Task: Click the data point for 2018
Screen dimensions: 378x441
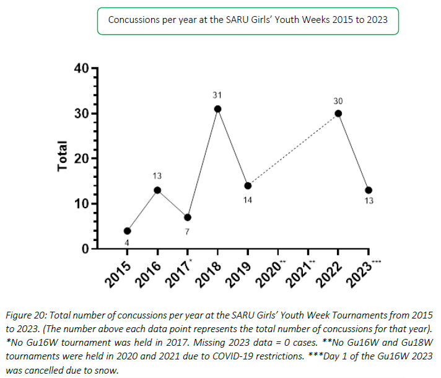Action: pos(218,109)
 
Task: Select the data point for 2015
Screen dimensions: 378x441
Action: pos(128,231)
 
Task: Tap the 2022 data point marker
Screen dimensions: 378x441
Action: pos(338,113)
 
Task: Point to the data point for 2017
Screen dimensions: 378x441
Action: pos(188,218)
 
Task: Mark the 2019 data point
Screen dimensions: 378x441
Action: pos(248,186)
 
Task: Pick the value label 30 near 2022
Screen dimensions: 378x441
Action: pos(338,100)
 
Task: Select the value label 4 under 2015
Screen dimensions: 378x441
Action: pos(126,244)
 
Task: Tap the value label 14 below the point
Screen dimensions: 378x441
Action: pos(247,201)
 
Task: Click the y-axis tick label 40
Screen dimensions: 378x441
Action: pos(81,68)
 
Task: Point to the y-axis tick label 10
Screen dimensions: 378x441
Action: pos(81,204)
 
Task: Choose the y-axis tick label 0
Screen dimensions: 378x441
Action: pos(85,249)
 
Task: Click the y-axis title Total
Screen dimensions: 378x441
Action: pos(63,159)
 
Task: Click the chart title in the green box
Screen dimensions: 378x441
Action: pos(248,19)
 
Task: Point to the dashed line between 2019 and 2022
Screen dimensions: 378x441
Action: pos(293,149)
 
